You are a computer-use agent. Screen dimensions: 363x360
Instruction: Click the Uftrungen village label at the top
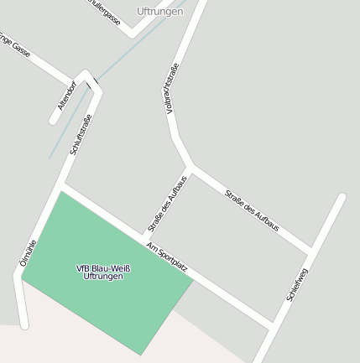click(159, 12)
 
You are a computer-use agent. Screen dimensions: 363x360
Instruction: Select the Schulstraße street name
click(81, 134)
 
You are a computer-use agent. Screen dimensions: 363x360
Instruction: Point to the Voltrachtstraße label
click(172, 89)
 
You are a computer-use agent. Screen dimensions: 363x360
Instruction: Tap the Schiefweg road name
click(298, 285)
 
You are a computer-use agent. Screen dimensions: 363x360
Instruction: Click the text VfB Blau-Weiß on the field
click(104, 268)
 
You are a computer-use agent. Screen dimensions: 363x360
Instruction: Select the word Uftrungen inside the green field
click(104, 277)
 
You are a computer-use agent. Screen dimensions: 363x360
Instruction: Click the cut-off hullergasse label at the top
click(104, 12)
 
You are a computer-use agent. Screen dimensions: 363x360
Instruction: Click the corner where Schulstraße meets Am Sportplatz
click(62, 186)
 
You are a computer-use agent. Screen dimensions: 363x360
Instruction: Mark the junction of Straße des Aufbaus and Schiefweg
click(312, 251)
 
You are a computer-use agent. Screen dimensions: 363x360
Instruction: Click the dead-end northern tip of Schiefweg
click(342, 198)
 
